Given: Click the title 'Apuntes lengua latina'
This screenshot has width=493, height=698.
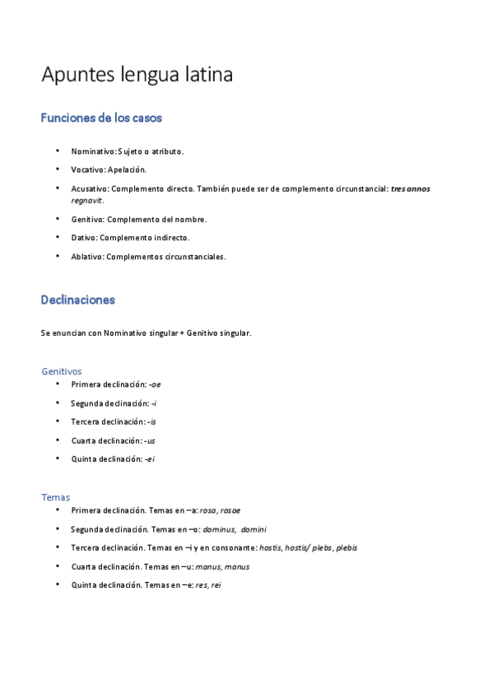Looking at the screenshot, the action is [137, 75].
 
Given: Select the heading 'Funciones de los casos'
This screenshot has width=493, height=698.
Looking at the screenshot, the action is [101, 119].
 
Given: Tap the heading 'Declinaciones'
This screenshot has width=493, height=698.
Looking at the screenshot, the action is [77, 300].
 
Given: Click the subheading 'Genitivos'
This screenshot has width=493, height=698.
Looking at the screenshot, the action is [62, 371].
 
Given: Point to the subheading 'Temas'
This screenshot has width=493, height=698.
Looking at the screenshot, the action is [56, 497].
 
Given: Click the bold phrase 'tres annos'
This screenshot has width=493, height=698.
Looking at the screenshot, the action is [410, 188].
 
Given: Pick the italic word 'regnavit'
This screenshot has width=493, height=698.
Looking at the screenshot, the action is [86, 200].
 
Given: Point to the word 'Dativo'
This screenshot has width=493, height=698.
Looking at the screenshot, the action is [83, 237].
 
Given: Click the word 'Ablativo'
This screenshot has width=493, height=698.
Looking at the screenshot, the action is [86, 256].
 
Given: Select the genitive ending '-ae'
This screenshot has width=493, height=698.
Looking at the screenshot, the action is [154, 384].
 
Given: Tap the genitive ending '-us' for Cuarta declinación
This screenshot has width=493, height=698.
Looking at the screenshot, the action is [150, 440].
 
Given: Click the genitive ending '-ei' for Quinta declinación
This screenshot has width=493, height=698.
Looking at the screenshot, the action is [148, 458].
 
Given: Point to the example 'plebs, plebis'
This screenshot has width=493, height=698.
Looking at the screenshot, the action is [334, 547].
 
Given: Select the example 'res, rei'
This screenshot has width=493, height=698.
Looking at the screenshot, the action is [208, 584].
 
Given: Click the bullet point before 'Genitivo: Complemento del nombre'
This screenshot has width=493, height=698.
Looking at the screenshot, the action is [58, 218].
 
